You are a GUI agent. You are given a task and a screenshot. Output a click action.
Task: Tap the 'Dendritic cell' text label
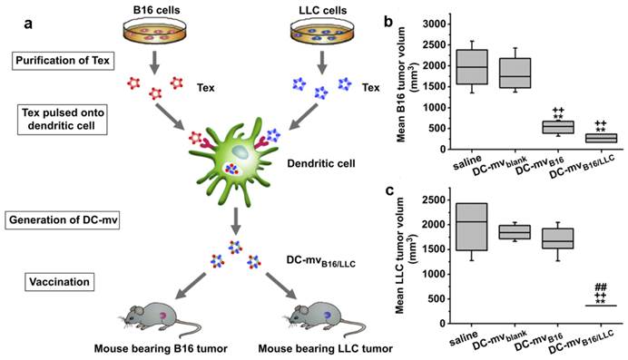point(330,168)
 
